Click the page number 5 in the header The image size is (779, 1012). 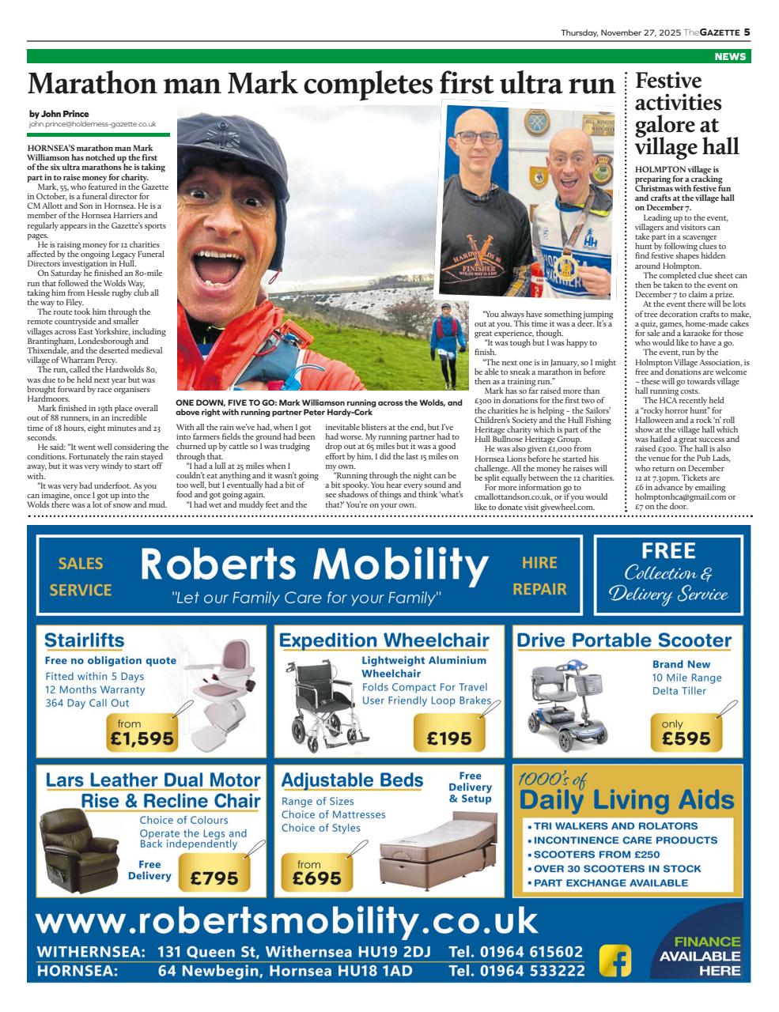(x=746, y=32)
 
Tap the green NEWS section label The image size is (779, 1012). (x=729, y=57)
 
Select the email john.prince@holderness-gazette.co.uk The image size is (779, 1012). (x=93, y=124)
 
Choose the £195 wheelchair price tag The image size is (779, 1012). (x=448, y=738)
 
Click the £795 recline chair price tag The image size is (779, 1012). (x=214, y=878)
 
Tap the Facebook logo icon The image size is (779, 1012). (x=615, y=961)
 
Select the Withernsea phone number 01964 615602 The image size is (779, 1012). (x=516, y=952)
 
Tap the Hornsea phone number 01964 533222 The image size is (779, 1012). (x=516, y=971)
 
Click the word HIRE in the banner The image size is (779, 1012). (x=539, y=563)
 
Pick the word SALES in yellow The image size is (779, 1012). (x=81, y=563)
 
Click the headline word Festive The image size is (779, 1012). (x=668, y=81)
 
